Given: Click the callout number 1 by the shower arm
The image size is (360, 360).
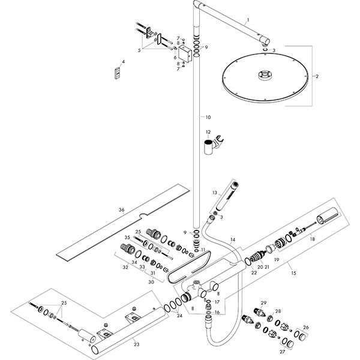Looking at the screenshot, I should point(246,20).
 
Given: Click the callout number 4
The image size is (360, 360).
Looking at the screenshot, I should point(123,62).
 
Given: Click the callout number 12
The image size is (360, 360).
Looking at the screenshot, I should point(208,131).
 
